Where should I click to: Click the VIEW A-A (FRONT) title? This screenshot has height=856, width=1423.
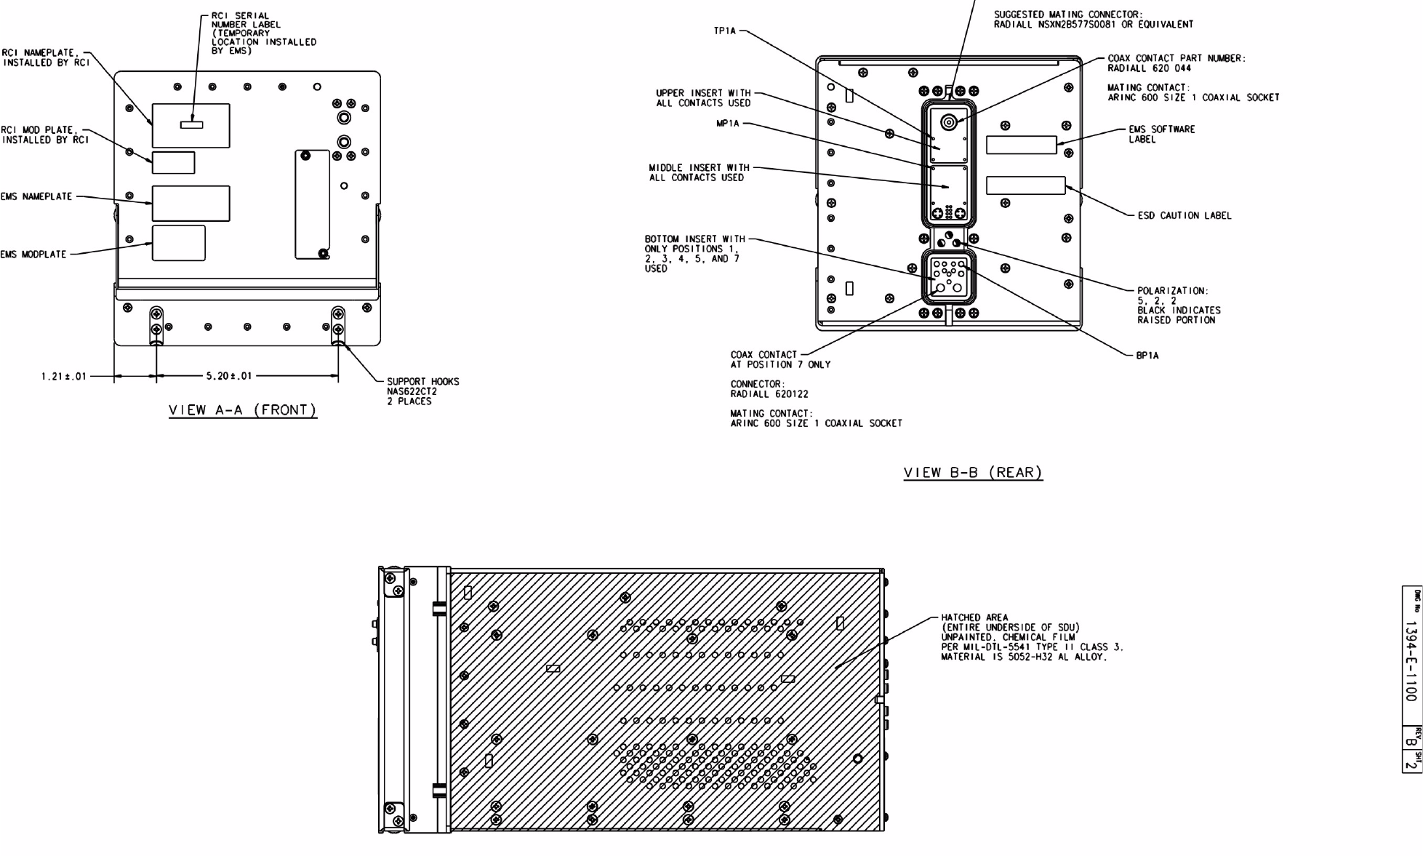(x=243, y=410)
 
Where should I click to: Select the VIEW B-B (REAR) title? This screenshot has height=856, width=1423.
(x=973, y=473)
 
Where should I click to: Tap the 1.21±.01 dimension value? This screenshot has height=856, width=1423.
(x=64, y=376)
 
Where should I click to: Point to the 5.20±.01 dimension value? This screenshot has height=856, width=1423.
(x=228, y=376)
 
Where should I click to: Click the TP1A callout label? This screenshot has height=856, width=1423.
(x=725, y=31)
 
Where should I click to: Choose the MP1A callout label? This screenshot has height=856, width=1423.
(x=728, y=124)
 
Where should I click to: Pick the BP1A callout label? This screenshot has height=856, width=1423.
(x=1147, y=356)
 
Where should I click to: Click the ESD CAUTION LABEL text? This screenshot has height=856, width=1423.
(x=1185, y=215)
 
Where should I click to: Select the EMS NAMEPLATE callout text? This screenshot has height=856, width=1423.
(x=36, y=196)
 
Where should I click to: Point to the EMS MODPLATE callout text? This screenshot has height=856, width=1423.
(x=33, y=255)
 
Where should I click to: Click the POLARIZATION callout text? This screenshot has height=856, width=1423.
(x=1173, y=291)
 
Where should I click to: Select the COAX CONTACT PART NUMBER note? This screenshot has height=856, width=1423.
(x=1176, y=63)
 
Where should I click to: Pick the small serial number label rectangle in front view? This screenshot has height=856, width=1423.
(x=192, y=124)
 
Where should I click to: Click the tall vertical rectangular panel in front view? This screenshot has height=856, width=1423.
(x=312, y=204)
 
